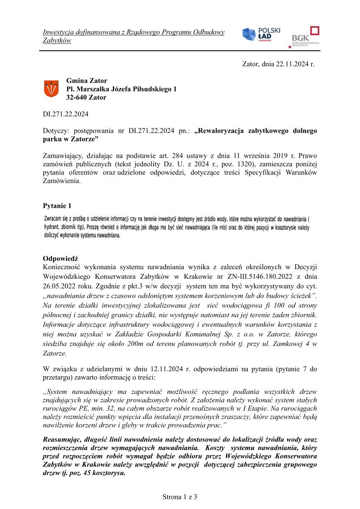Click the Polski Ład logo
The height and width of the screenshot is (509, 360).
click(261, 34)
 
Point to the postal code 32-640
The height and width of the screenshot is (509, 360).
click(77, 97)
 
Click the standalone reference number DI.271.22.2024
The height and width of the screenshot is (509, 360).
click(65, 114)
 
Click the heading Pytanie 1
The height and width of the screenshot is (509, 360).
click(57, 205)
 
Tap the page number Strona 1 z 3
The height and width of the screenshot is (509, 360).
click(180, 497)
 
